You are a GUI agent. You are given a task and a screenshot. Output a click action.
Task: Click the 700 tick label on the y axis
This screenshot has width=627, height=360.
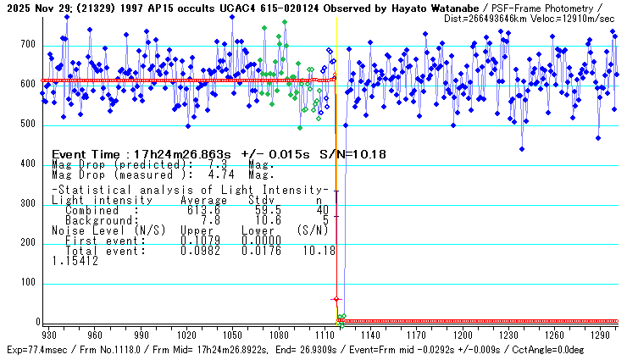point(29,44)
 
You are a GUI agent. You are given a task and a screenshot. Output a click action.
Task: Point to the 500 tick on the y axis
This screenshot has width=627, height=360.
point(29,125)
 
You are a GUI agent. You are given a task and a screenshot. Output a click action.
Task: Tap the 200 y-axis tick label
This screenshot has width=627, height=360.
point(29,243)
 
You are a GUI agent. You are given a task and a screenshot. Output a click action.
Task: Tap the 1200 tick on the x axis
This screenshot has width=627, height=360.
point(461,335)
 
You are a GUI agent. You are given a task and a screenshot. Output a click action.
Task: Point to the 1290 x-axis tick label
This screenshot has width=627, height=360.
point(599,335)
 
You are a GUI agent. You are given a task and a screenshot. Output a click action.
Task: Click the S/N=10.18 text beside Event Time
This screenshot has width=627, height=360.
point(355,154)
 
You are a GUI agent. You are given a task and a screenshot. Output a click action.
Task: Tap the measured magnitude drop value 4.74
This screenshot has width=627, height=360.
point(193,175)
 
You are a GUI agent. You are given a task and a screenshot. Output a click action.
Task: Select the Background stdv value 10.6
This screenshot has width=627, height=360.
point(259,220)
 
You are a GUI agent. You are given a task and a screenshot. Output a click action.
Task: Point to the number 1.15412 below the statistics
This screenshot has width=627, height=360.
point(75,262)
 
